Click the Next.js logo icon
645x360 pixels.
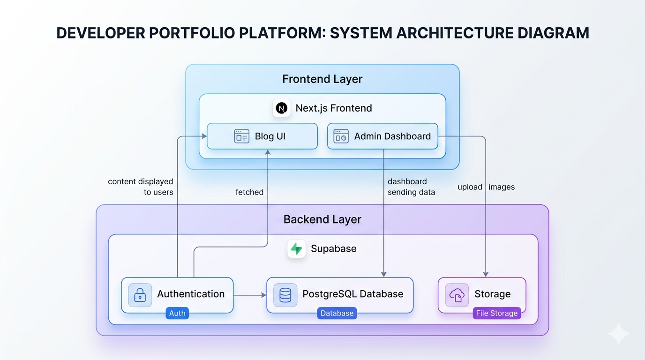[x=282, y=108]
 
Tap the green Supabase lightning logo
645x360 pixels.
[x=296, y=248]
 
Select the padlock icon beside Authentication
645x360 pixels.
[x=140, y=295]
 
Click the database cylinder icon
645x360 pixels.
[x=285, y=295]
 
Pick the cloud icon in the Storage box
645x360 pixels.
[x=457, y=295]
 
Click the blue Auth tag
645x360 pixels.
[x=177, y=313]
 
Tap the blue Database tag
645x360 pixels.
[x=337, y=313]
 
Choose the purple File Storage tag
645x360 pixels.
[x=497, y=313]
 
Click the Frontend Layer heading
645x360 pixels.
[x=322, y=79]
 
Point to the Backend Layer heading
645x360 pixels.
[x=322, y=219]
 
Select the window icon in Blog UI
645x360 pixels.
[x=241, y=136]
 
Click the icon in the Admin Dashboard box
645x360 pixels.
[x=341, y=136]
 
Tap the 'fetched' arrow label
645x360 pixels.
[x=249, y=192]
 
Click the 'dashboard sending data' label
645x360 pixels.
[x=411, y=187]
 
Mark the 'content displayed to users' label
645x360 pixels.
[x=141, y=187]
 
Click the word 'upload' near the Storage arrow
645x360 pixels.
[x=470, y=187]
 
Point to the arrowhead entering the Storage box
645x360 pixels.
[x=486, y=274]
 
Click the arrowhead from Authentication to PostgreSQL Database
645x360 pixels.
[x=263, y=295]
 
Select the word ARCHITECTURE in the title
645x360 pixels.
[x=455, y=33]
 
